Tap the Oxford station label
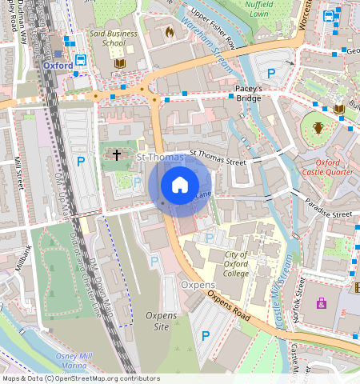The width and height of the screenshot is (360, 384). click(58, 65)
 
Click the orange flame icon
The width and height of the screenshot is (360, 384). click(169, 33)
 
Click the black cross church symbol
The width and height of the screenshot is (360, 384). click(117, 154)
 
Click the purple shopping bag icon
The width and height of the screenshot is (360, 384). click(321, 303)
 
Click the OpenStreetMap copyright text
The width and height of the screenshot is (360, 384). click(80, 378)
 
